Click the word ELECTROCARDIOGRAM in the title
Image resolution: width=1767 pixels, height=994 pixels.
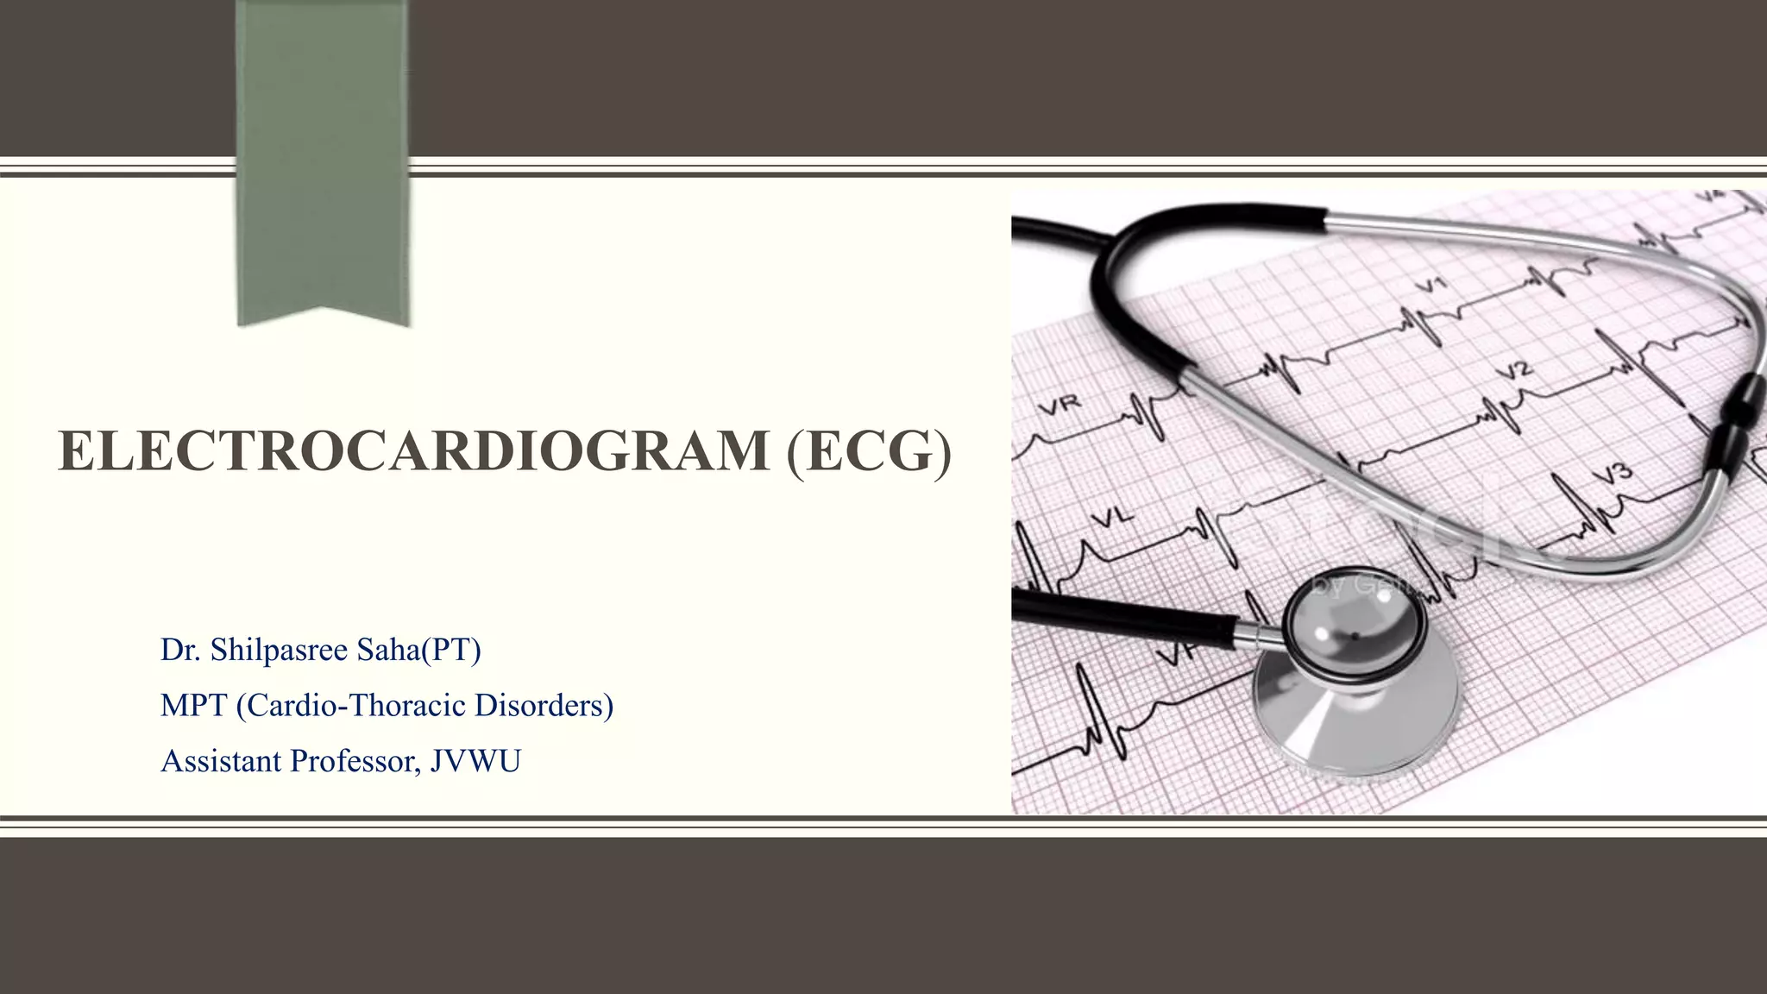413,451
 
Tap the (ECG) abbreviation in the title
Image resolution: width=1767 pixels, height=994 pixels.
869,451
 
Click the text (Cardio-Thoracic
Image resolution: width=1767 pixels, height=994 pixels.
350,706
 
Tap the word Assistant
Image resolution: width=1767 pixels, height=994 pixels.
222,761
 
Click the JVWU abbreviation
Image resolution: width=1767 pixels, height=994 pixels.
475,761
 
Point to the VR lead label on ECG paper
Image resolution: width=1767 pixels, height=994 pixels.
1060,406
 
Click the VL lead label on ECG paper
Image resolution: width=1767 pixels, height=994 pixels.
1113,518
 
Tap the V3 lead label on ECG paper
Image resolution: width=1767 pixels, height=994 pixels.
1612,474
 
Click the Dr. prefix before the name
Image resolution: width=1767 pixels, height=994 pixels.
179,650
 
